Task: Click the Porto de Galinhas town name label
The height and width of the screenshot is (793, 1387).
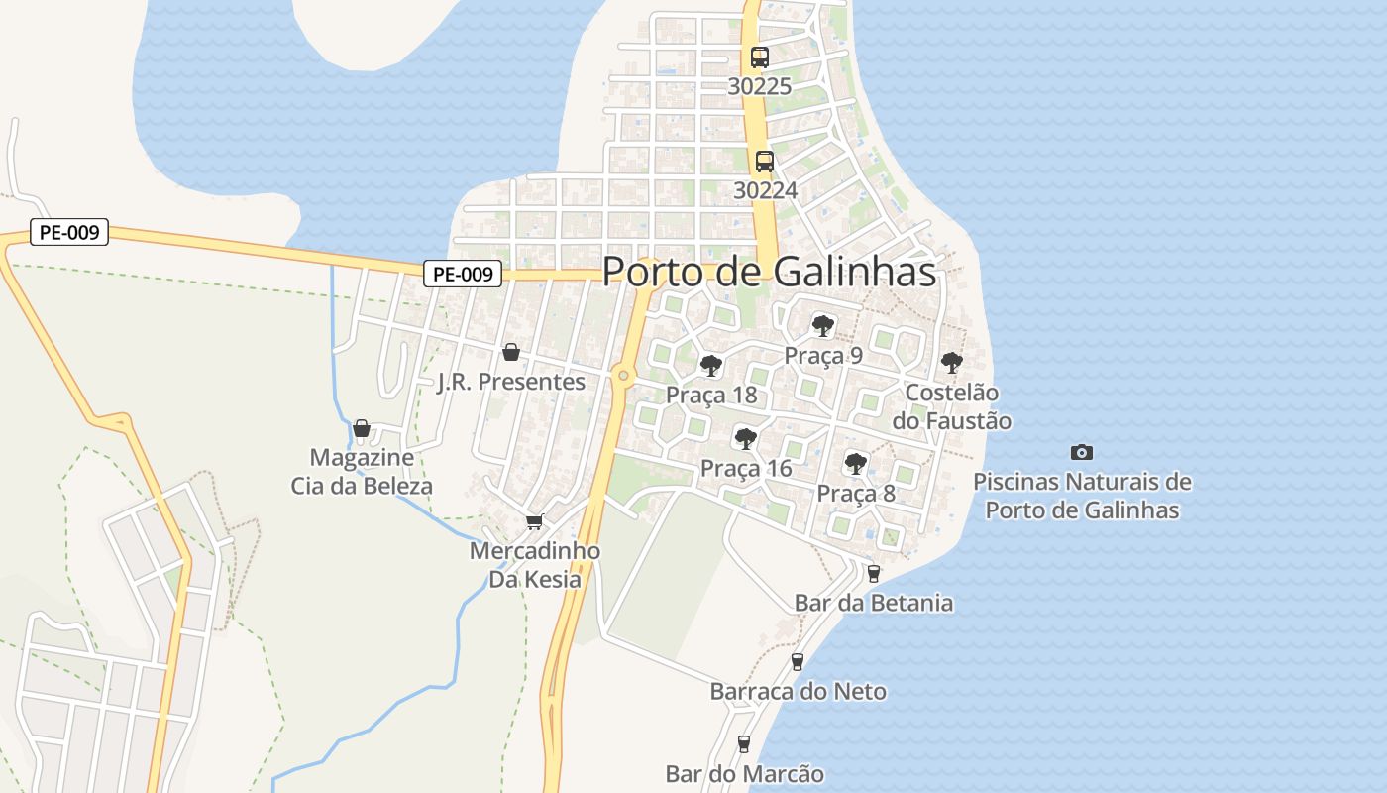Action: point(769,272)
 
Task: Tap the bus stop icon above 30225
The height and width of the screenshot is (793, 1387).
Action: point(760,57)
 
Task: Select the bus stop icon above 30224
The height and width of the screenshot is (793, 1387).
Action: point(764,161)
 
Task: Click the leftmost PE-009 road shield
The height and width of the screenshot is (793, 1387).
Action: point(68,233)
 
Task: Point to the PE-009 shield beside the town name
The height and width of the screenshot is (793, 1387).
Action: point(463,274)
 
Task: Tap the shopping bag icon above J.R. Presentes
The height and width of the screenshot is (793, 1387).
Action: point(511,352)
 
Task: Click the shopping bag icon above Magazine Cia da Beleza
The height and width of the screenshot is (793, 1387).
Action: point(362,428)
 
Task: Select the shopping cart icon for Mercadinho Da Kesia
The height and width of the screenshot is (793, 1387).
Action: point(535,521)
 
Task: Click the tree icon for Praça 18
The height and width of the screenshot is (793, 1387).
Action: point(710,366)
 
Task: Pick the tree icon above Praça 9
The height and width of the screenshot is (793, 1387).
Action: point(822,325)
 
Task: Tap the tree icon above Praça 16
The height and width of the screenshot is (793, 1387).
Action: point(745,438)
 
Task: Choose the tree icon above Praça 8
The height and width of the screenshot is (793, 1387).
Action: point(855,463)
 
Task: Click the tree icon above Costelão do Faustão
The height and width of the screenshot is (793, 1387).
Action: point(951,363)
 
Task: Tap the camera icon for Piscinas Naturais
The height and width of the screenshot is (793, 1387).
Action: point(1082,453)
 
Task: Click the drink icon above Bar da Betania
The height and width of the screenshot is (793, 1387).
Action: point(873,573)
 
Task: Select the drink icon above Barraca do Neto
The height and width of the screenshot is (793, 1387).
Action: point(798,662)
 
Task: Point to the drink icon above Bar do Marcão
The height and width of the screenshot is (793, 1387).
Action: point(744,743)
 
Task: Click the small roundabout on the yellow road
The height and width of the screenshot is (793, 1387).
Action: point(622,375)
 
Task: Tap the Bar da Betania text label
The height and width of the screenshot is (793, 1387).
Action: point(874,603)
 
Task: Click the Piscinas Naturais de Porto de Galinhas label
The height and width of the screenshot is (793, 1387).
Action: point(1082,497)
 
